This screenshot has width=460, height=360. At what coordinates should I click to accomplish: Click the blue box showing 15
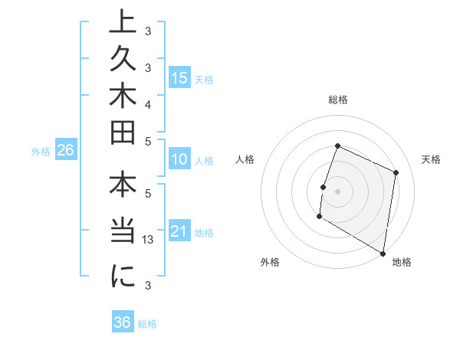point(179,77)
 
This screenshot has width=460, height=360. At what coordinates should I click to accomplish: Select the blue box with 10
point(179,160)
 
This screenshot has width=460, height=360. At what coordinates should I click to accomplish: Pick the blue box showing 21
point(179,231)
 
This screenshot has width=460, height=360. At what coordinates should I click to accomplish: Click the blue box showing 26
point(66,151)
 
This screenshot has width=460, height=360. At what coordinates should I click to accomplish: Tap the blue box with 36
point(123,322)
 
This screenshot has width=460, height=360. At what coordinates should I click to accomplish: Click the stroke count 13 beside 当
point(149,241)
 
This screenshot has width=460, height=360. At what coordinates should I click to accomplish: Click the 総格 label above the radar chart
point(338,100)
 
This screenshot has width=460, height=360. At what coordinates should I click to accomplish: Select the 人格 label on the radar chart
point(245,159)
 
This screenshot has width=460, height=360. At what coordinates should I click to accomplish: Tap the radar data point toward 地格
point(383,253)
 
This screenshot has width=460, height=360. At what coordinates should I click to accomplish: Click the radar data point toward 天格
point(396,172)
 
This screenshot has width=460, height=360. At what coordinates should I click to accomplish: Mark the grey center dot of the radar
point(338,191)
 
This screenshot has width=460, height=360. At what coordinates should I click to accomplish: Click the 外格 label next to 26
point(40,152)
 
